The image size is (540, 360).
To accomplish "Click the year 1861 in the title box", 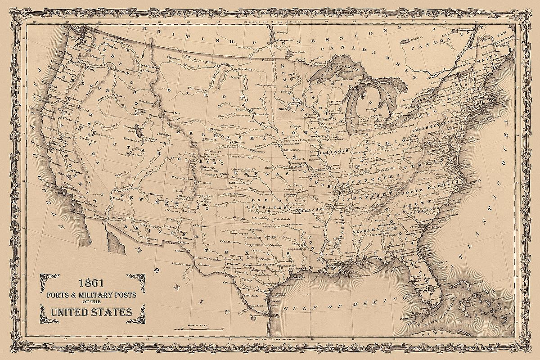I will pos(92,283).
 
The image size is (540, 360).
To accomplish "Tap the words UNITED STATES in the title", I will pos(91,312).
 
